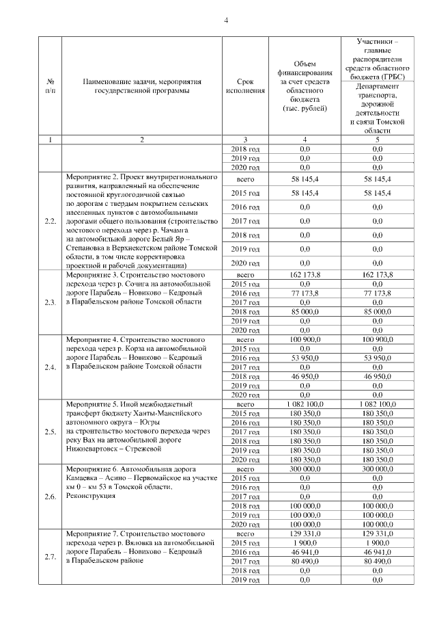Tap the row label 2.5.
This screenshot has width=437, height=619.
tap(50, 432)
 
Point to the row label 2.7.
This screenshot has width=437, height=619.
tap(50, 557)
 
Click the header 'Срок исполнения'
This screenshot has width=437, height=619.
tap(244, 85)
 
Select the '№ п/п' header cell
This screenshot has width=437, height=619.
tap(50, 85)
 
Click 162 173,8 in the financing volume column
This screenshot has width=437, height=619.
tap(305, 274)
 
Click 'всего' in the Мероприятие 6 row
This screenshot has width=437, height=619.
tap(244, 470)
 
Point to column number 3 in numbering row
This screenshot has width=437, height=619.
tap(244, 140)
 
